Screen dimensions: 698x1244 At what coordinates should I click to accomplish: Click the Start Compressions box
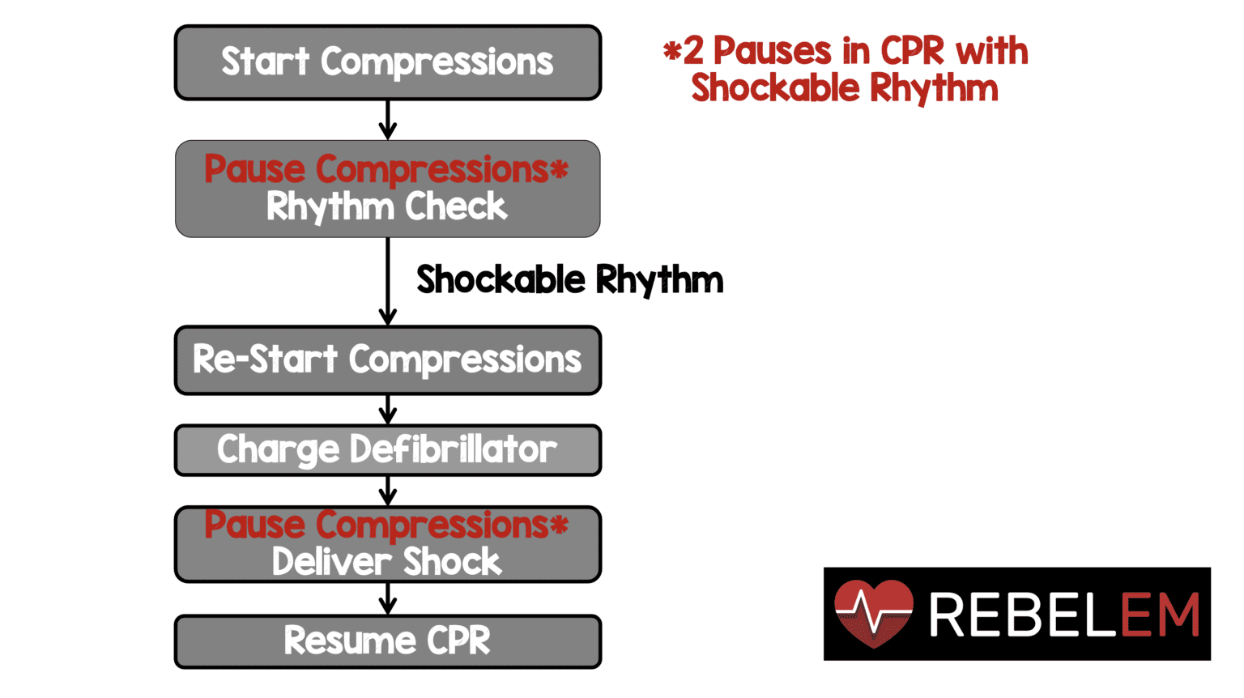click(x=387, y=62)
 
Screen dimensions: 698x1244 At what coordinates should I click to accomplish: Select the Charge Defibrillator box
click(x=387, y=450)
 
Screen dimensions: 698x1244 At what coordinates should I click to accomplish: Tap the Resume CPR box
click(x=387, y=641)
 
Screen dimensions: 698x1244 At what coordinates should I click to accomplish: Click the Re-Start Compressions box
click(x=387, y=360)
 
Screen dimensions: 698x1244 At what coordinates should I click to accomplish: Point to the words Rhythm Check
click(x=386, y=207)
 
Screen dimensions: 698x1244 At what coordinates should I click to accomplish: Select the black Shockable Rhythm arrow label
click(x=569, y=280)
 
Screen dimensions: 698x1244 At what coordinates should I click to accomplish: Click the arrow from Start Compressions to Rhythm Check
click(x=388, y=120)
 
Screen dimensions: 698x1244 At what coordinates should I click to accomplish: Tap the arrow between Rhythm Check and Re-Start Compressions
click(x=388, y=282)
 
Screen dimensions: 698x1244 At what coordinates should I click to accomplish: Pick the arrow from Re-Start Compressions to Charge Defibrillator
click(x=388, y=410)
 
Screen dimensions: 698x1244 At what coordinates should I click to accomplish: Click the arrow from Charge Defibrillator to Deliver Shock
click(x=388, y=491)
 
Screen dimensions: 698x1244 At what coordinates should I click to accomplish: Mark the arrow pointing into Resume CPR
click(x=388, y=598)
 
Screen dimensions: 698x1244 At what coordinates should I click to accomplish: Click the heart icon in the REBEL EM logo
click(x=874, y=613)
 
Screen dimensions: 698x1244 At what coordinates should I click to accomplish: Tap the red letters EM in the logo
click(x=1159, y=615)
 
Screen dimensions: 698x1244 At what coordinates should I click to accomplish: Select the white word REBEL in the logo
click(x=1023, y=615)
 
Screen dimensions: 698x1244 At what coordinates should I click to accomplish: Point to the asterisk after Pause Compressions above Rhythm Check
click(x=559, y=170)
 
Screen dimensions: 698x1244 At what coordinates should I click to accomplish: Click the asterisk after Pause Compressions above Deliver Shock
click(x=559, y=526)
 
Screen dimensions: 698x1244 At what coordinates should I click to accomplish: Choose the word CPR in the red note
click(x=912, y=52)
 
